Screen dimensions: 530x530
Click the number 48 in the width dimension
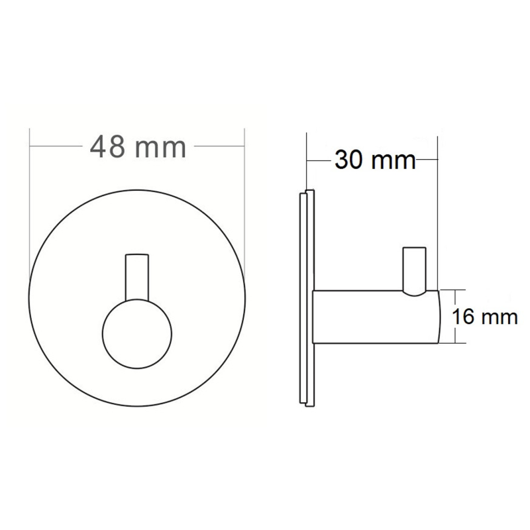[107, 146]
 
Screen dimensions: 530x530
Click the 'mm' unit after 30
[393, 162]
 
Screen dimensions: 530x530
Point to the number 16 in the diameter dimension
[462, 317]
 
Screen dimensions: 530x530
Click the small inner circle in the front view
[137, 334]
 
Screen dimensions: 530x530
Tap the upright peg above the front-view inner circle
[137, 277]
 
